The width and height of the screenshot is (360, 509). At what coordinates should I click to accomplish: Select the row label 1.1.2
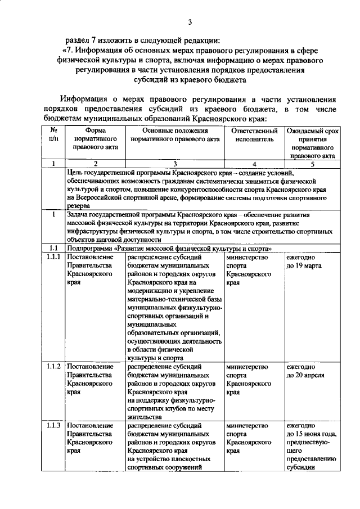point(53,367)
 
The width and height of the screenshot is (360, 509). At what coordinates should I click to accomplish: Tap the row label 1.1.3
point(53,425)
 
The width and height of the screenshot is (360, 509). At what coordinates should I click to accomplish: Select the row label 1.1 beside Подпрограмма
point(53,248)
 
